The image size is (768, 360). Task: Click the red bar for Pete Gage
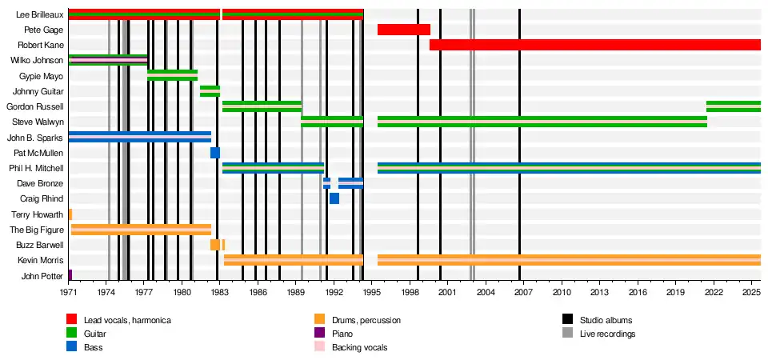(403, 30)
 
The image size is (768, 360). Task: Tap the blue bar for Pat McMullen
(215, 153)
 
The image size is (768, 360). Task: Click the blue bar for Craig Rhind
(334, 198)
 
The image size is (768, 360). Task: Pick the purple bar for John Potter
(70, 275)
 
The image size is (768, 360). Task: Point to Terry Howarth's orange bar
(70, 214)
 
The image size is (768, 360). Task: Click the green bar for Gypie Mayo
(172, 75)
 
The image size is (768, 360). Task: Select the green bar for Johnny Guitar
(210, 91)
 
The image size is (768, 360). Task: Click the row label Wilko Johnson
(31, 61)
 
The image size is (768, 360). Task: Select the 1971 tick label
(69, 294)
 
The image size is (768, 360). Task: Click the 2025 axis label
(751, 294)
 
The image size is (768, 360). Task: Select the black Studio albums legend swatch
(567, 320)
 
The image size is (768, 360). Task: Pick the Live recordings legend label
(607, 334)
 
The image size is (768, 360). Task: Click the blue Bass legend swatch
(72, 347)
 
